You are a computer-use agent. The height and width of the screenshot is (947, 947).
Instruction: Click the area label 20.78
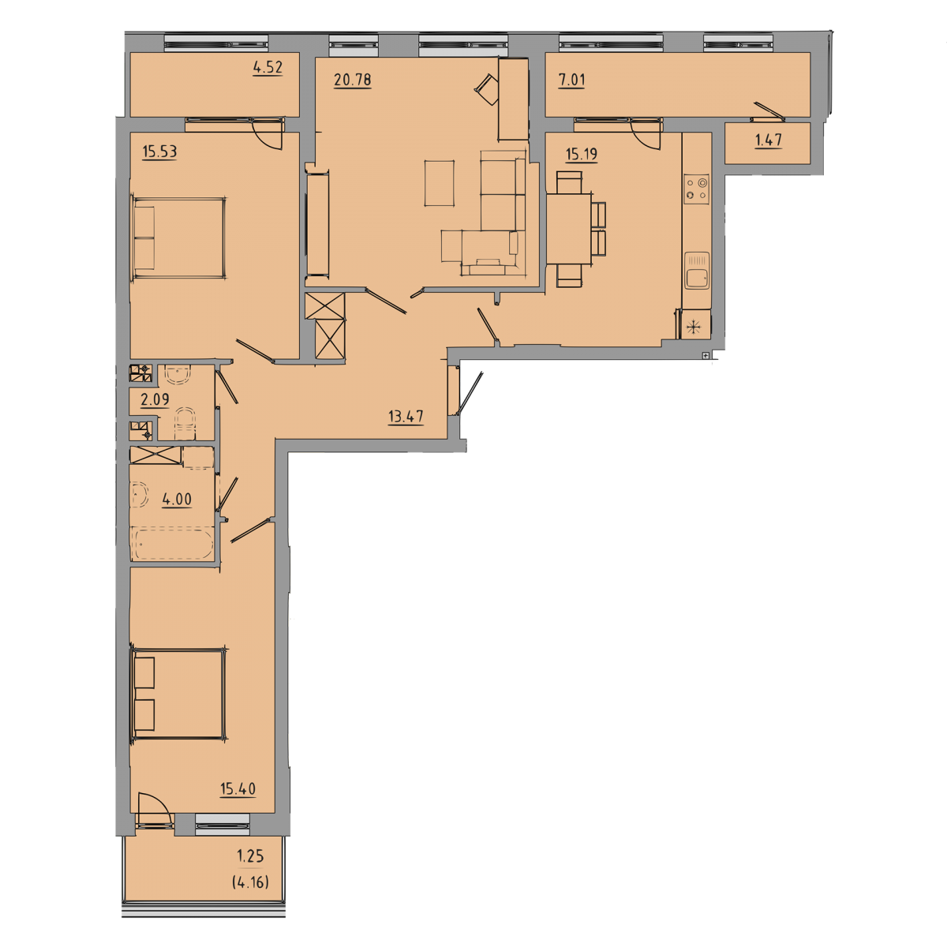pos(352,80)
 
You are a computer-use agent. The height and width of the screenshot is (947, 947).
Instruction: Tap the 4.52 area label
pos(268,67)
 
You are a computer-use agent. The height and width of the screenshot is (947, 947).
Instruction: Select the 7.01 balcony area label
pos(571,80)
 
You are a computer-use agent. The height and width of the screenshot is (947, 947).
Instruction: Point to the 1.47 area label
pos(768,140)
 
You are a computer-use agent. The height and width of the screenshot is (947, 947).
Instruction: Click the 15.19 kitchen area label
pos(582,155)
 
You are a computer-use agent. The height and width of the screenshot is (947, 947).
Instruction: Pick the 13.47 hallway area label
pos(406,417)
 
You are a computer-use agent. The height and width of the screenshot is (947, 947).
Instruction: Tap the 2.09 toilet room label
pos(155,399)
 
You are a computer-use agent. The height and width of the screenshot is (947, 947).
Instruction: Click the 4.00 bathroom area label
pos(177,500)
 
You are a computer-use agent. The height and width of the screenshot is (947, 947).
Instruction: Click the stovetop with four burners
pos(696,189)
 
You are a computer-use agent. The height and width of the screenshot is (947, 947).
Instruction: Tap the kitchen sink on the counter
pos(696,271)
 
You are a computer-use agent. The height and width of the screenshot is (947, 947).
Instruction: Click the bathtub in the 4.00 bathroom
pos(174,543)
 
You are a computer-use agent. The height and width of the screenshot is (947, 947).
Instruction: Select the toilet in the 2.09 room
pos(185,424)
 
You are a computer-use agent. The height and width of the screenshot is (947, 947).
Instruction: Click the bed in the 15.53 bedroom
pos(178,238)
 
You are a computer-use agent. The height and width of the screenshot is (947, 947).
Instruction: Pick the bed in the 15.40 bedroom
pos(178,694)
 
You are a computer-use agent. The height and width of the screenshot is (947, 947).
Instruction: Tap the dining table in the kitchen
pos(569,229)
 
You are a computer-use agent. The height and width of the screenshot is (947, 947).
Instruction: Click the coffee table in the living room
pos(439,183)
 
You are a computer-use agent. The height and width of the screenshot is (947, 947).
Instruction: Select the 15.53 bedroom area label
pos(159,152)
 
